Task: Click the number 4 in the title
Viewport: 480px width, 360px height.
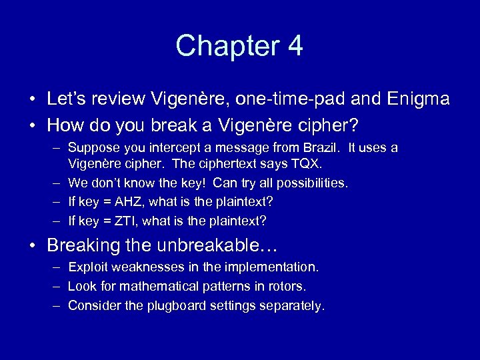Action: pos(294,46)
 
